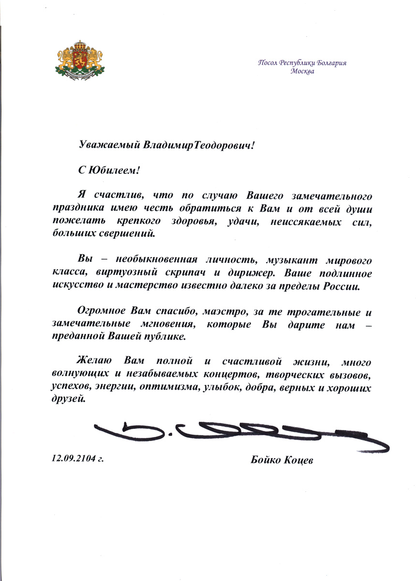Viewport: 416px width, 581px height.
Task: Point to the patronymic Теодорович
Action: point(223,145)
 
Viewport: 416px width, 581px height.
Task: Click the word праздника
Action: point(75,209)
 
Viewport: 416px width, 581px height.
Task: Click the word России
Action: point(341,286)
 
